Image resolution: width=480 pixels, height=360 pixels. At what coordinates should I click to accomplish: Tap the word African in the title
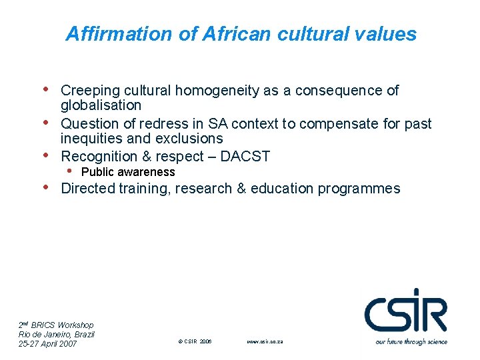tap(224, 34)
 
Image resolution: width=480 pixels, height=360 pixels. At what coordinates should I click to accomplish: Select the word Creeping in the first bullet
tap(88, 91)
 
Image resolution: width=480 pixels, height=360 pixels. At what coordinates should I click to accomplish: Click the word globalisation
tap(101, 105)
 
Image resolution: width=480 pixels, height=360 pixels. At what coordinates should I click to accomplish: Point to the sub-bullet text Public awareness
tap(128, 172)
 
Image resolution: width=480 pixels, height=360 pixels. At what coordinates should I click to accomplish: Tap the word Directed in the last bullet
tap(87, 189)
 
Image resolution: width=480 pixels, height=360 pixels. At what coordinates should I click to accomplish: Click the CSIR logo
tap(405, 311)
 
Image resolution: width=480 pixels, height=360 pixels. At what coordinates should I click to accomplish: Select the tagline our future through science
tap(411, 341)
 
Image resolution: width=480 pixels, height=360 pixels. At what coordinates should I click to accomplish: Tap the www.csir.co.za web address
tap(265, 341)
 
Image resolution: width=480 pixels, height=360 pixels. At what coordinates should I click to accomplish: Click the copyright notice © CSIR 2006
tap(195, 341)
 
